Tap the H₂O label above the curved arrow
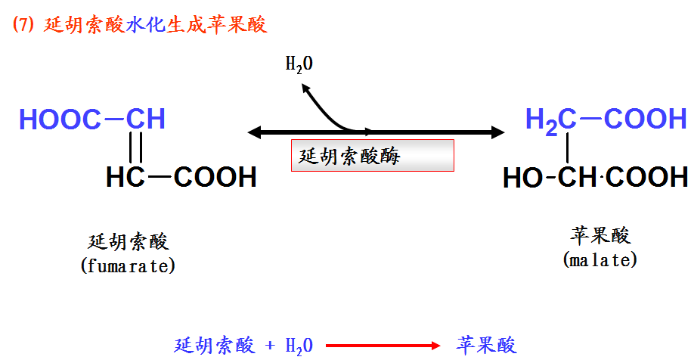pos(299,64)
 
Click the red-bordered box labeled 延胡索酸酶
pos(372,156)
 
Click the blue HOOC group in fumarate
pos(60,119)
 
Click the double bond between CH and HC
pos(136,147)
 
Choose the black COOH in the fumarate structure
pos(215,178)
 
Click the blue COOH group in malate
pos(646,119)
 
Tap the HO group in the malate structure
pos(522,178)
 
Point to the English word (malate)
pos(600,260)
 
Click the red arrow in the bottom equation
pos(383,346)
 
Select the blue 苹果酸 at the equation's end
pos(487,346)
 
